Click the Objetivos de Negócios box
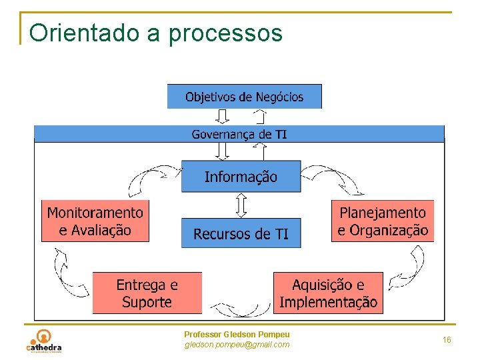(244, 97)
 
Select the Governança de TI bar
(239, 134)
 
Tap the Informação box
(241, 177)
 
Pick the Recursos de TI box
(241, 233)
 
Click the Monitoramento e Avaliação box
(95, 221)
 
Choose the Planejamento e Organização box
(382, 221)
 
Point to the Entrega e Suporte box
(147, 293)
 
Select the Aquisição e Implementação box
(328, 293)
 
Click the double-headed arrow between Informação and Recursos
(241, 205)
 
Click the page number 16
(447, 340)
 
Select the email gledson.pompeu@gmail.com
(237, 345)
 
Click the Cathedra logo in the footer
(44, 340)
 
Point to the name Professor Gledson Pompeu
(237, 334)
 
